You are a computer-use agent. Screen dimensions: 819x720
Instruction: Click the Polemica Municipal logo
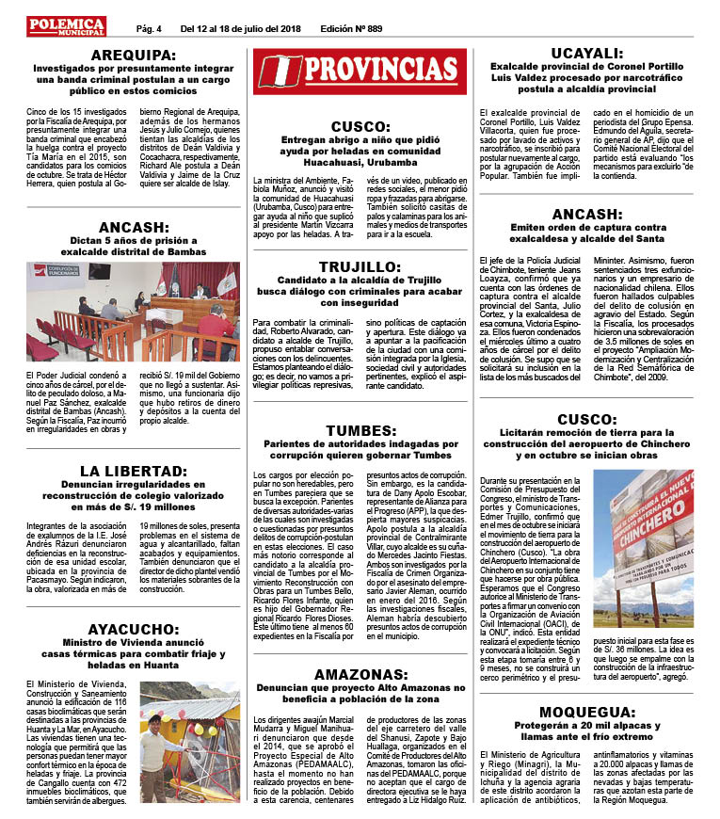tap(66, 25)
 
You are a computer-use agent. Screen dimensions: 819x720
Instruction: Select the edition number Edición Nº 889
tap(351, 28)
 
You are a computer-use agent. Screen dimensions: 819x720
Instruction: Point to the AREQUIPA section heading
tap(133, 54)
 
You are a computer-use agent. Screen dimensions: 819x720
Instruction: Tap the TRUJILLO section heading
tap(360, 265)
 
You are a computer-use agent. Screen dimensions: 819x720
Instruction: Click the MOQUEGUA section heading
tap(585, 711)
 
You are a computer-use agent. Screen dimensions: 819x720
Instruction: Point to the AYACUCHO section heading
tap(133, 629)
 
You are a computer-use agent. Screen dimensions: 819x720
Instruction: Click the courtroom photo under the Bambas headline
tap(133, 312)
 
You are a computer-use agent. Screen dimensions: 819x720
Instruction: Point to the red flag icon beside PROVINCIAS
tap(279, 70)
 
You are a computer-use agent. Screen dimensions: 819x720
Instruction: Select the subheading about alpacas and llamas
tap(585, 731)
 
